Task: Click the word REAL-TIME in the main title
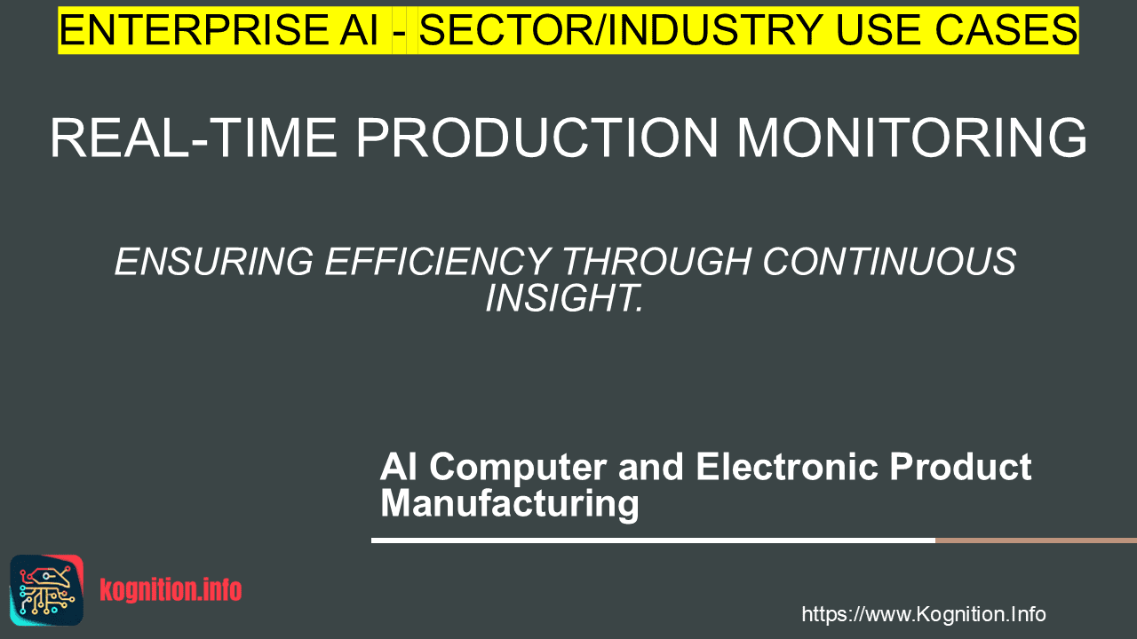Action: [194, 138]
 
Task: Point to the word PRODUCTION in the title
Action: [537, 138]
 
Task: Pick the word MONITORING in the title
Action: [911, 138]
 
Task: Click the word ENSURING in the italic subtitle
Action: [214, 262]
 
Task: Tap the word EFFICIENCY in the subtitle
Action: [438, 262]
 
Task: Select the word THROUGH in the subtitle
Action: [656, 262]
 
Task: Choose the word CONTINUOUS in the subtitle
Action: [889, 262]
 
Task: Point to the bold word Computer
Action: [518, 468]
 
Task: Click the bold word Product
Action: [960, 467]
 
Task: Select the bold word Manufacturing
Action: [510, 504]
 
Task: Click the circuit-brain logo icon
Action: [47, 590]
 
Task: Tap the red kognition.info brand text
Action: [171, 590]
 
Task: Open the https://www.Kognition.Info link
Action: [924, 614]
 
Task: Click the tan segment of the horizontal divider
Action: [1036, 540]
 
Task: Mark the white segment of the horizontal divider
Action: [653, 540]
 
